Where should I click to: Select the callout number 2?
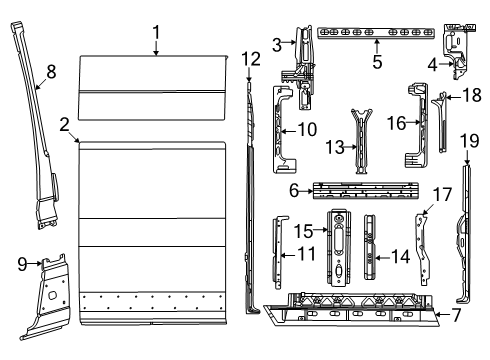tap(64, 125)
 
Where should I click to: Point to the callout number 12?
tap(250, 59)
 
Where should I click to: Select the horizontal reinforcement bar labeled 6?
tap(365, 190)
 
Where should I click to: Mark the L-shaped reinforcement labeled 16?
tap(411, 140)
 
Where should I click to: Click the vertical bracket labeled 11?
tap(279, 255)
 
